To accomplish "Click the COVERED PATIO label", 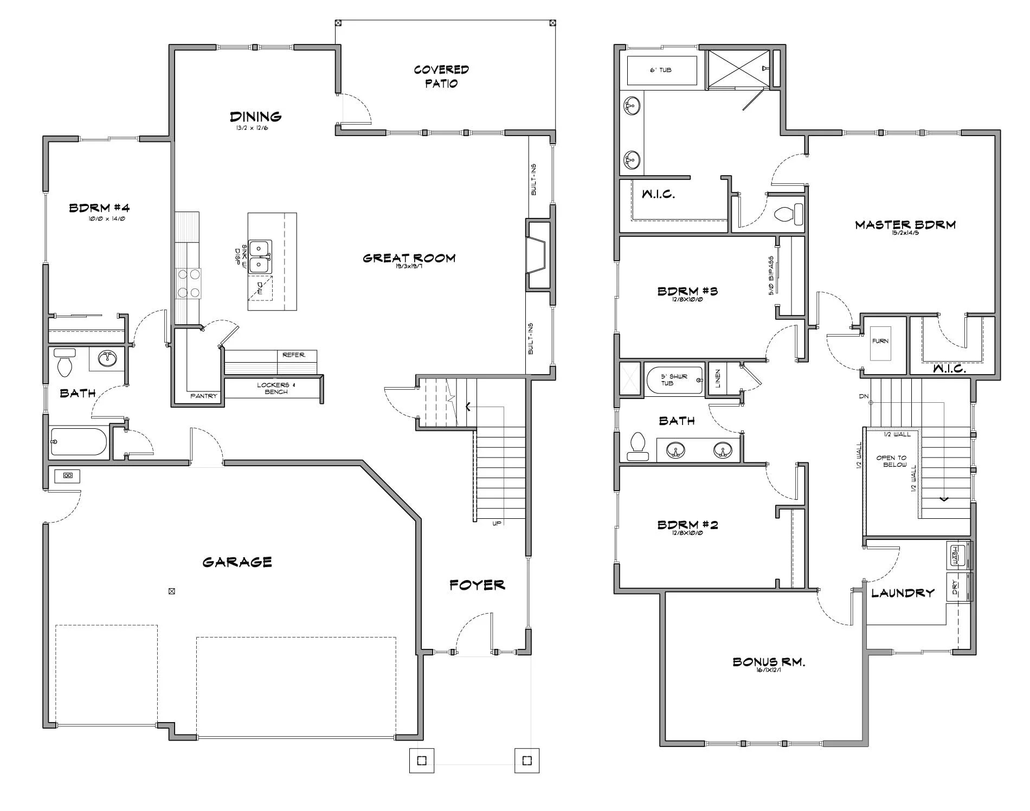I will tap(441, 76).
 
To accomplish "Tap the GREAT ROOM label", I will tap(409, 258).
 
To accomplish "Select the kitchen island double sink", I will tap(260, 256).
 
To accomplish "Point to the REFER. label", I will tap(294, 355).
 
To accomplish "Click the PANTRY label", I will tap(204, 396).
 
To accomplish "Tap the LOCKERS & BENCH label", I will tap(275, 388).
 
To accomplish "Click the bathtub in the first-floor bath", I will tap(79, 442).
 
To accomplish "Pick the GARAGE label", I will tap(237, 562).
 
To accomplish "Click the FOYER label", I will tap(477, 585).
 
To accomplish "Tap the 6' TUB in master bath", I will tap(661, 70).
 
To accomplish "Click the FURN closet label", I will tap(880, 342).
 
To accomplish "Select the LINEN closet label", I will tap(718, 378).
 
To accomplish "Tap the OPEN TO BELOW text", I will tap(891, 461).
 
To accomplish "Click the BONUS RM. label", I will tap(768, 662).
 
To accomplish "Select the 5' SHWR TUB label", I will tap(674, 379).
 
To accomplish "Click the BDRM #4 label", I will tap(99, 208).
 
